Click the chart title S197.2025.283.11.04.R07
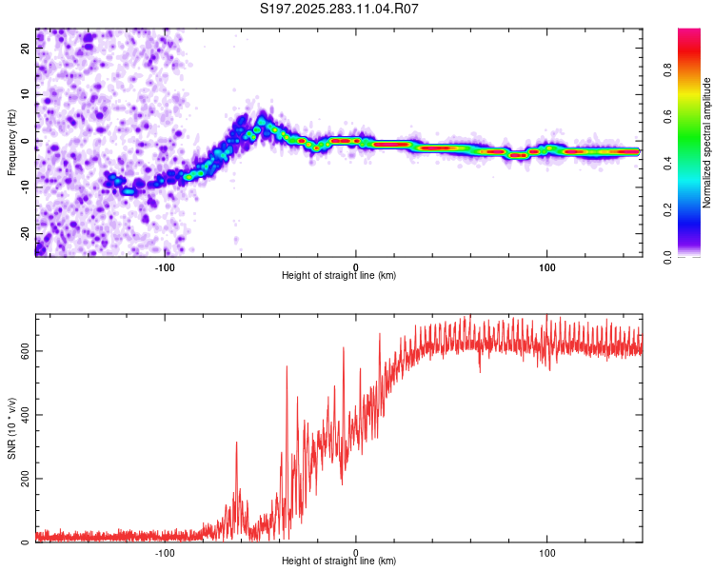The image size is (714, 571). click(340, 9)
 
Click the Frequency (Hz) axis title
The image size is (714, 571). click(11, 142)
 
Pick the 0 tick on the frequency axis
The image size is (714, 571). click(27, 140)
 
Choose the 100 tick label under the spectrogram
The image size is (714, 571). click(547, 266)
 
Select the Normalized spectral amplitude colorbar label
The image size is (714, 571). click(707, 142)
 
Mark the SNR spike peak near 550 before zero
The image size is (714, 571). click(287, 366)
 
